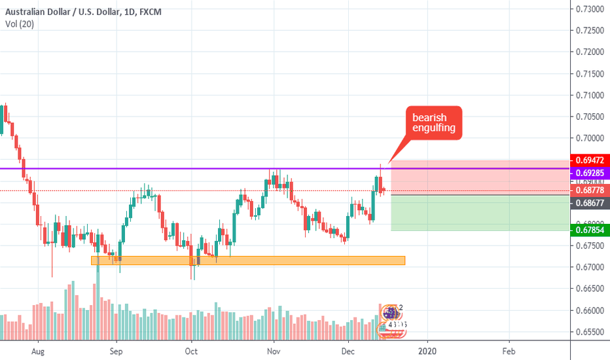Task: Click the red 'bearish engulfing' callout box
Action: click(433, 122)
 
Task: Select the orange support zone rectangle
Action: click(248, 261)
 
